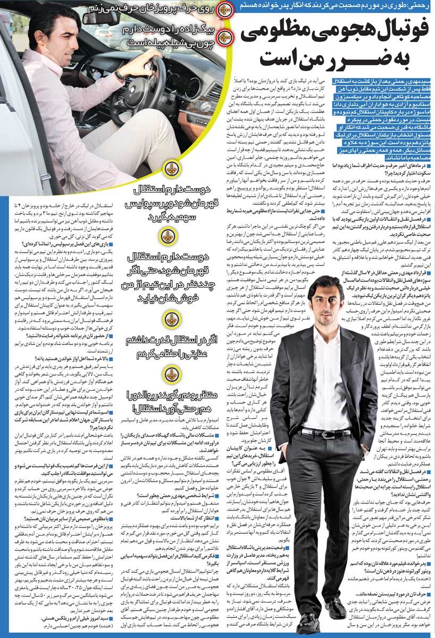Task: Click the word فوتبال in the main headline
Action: pos(391,32)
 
